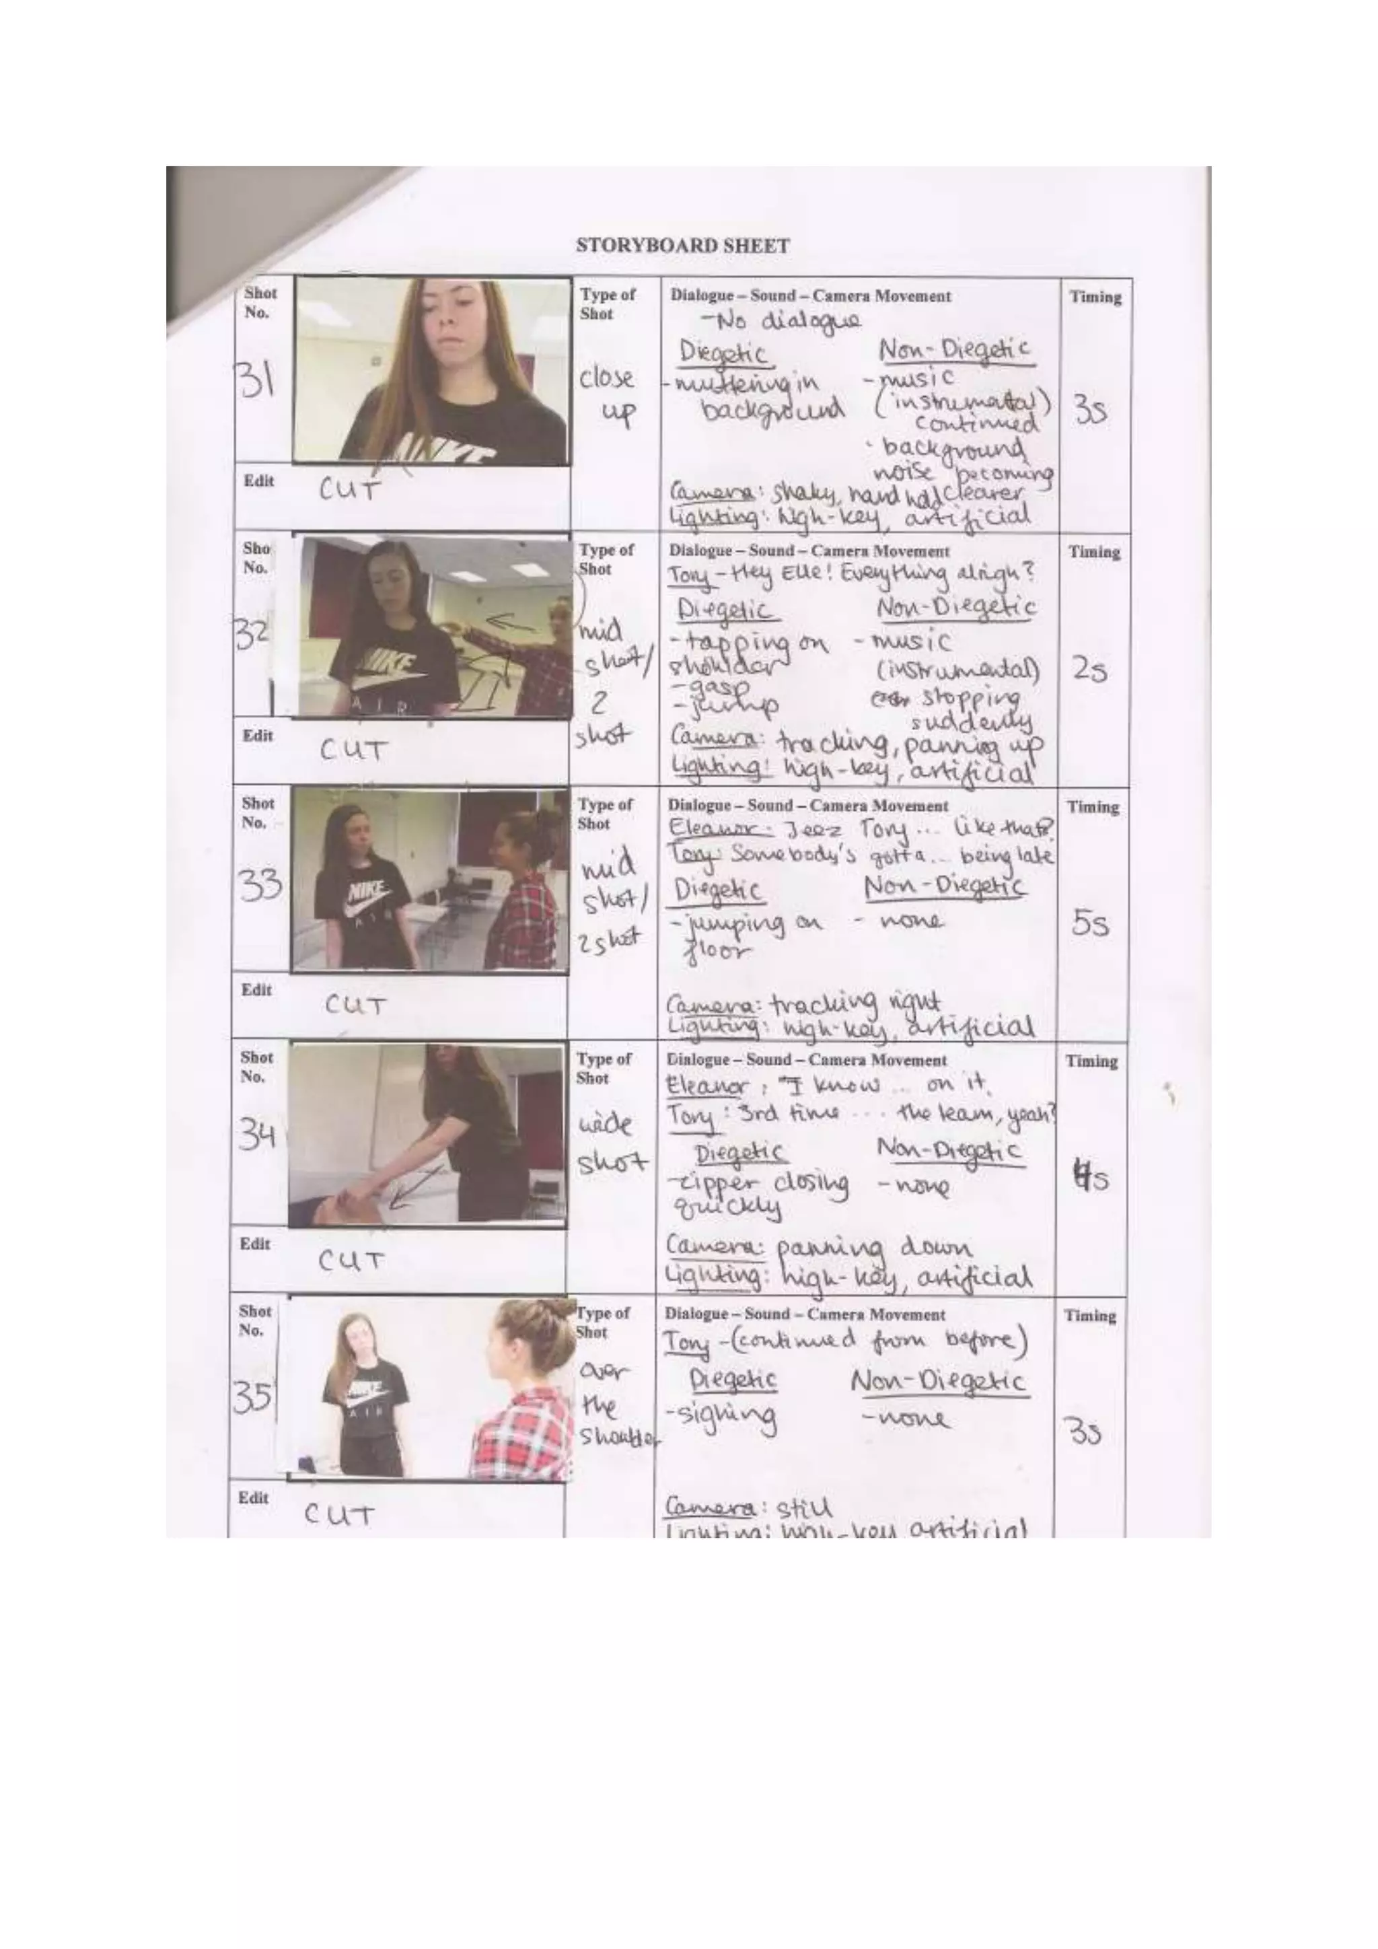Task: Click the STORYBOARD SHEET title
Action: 682,246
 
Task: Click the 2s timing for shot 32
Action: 1089,670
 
